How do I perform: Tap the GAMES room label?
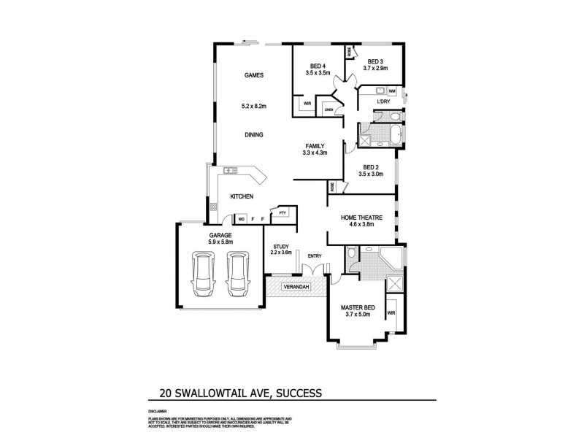coord(253,75)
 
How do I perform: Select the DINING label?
coord(253,134)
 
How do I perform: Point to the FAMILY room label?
coord(315,145)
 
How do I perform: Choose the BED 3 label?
coord(375,61)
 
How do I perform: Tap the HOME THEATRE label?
coord(362,217)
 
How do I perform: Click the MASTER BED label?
coord(357,307)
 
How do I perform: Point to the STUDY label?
coord(282,247)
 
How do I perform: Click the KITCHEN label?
coord(242,197)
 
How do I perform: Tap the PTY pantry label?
coord(282,212)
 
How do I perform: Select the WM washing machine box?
coord(392,91)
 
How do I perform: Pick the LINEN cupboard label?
coord(329,110)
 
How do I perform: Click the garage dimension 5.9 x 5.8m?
coord(220,242)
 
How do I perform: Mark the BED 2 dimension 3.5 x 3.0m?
coord(371,174)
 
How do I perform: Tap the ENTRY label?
coord(315,255)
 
